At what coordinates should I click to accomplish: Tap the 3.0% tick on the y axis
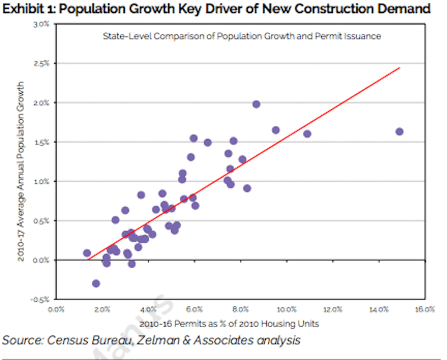[x=41, y=25]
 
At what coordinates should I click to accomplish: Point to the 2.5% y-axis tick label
[x=41, y=64]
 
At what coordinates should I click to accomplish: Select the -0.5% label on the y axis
[x=40, y=300]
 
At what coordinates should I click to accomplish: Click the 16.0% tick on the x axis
[x=425, y=309]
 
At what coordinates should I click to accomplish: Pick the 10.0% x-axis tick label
[x=287, y=309]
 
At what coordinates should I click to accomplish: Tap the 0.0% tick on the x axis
[x=57, y=309]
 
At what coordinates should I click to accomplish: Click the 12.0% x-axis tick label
[x=333, y=309]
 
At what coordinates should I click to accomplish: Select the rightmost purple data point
[x=399, y=131]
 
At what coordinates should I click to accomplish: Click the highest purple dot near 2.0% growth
[x=256, y=104]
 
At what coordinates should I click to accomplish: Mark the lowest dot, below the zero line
[x=96, y=283]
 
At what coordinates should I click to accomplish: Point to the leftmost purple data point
[x=87, y=253]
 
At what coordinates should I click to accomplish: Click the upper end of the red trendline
[x=400, y=68]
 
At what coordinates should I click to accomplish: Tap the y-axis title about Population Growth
[x=21, y=172]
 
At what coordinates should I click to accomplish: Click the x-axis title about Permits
[x=229, y=324]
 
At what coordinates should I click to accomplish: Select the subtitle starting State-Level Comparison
[x=242, y=36]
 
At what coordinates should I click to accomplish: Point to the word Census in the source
[x=68, y=340]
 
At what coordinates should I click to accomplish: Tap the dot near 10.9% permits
[x=307, y=134]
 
